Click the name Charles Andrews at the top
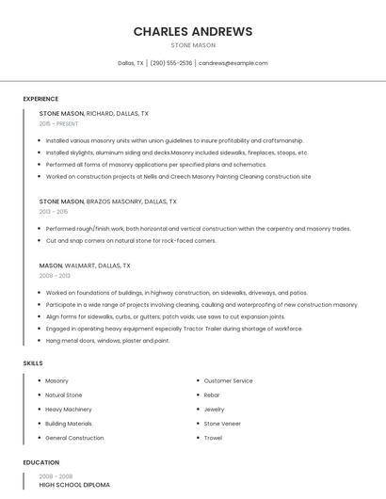[193, 31]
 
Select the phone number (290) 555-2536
[171, 63]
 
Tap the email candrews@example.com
[233, 63]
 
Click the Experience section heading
[40, 99]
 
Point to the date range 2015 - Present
[58, 123]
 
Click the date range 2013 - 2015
[54, 212]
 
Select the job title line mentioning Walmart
[85, 266]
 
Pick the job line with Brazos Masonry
[107, 201]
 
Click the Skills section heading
[33, 362]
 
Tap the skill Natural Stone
[64, 395]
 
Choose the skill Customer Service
[228, 380]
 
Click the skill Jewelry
[214, 410]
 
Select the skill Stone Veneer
[222, 424]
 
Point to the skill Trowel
[213, 438]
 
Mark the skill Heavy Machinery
[69, 410]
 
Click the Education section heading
[40, 462]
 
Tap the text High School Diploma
[74, 485]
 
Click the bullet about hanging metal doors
[107, 341]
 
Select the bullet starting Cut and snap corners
[131, 241]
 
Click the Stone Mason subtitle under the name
[193, 45]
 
